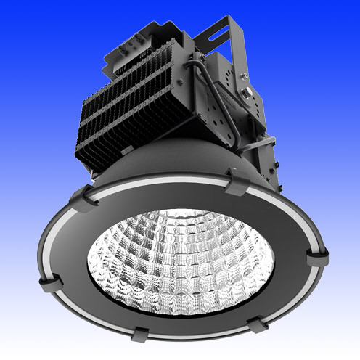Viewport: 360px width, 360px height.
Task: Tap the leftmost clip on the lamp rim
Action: pyautogui.click(x=83, y=196)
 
